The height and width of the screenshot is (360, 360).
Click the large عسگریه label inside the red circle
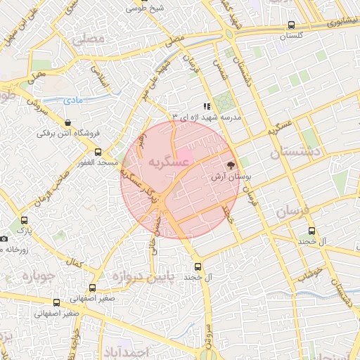click(169, 162)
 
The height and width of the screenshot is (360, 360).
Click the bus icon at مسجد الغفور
click(98, 151)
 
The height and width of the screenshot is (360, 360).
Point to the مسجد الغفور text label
click(98, 163)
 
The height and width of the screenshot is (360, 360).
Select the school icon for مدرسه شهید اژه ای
click(207, 106)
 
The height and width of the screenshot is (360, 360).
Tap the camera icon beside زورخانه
click(4, 239)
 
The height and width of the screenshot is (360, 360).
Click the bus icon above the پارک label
click(25, 220)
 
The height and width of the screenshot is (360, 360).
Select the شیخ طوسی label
click(143, 8)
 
